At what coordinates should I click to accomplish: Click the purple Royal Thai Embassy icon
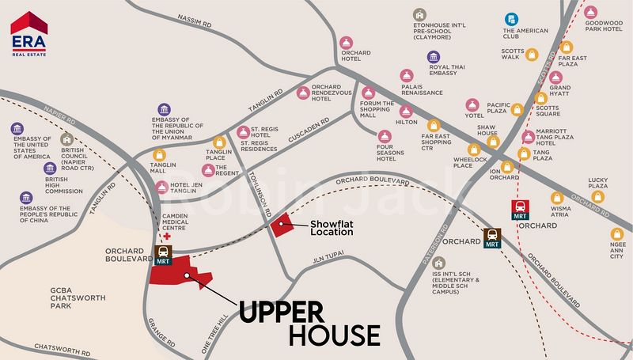click(434, 57)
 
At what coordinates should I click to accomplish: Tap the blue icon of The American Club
click(513, 18)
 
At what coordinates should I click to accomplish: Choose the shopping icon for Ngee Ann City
click(616, 234)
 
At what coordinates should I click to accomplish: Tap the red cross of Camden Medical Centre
click(166, 236)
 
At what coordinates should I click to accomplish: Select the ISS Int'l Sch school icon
click(440, 263)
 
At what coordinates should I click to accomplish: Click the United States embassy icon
click(17, 128)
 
